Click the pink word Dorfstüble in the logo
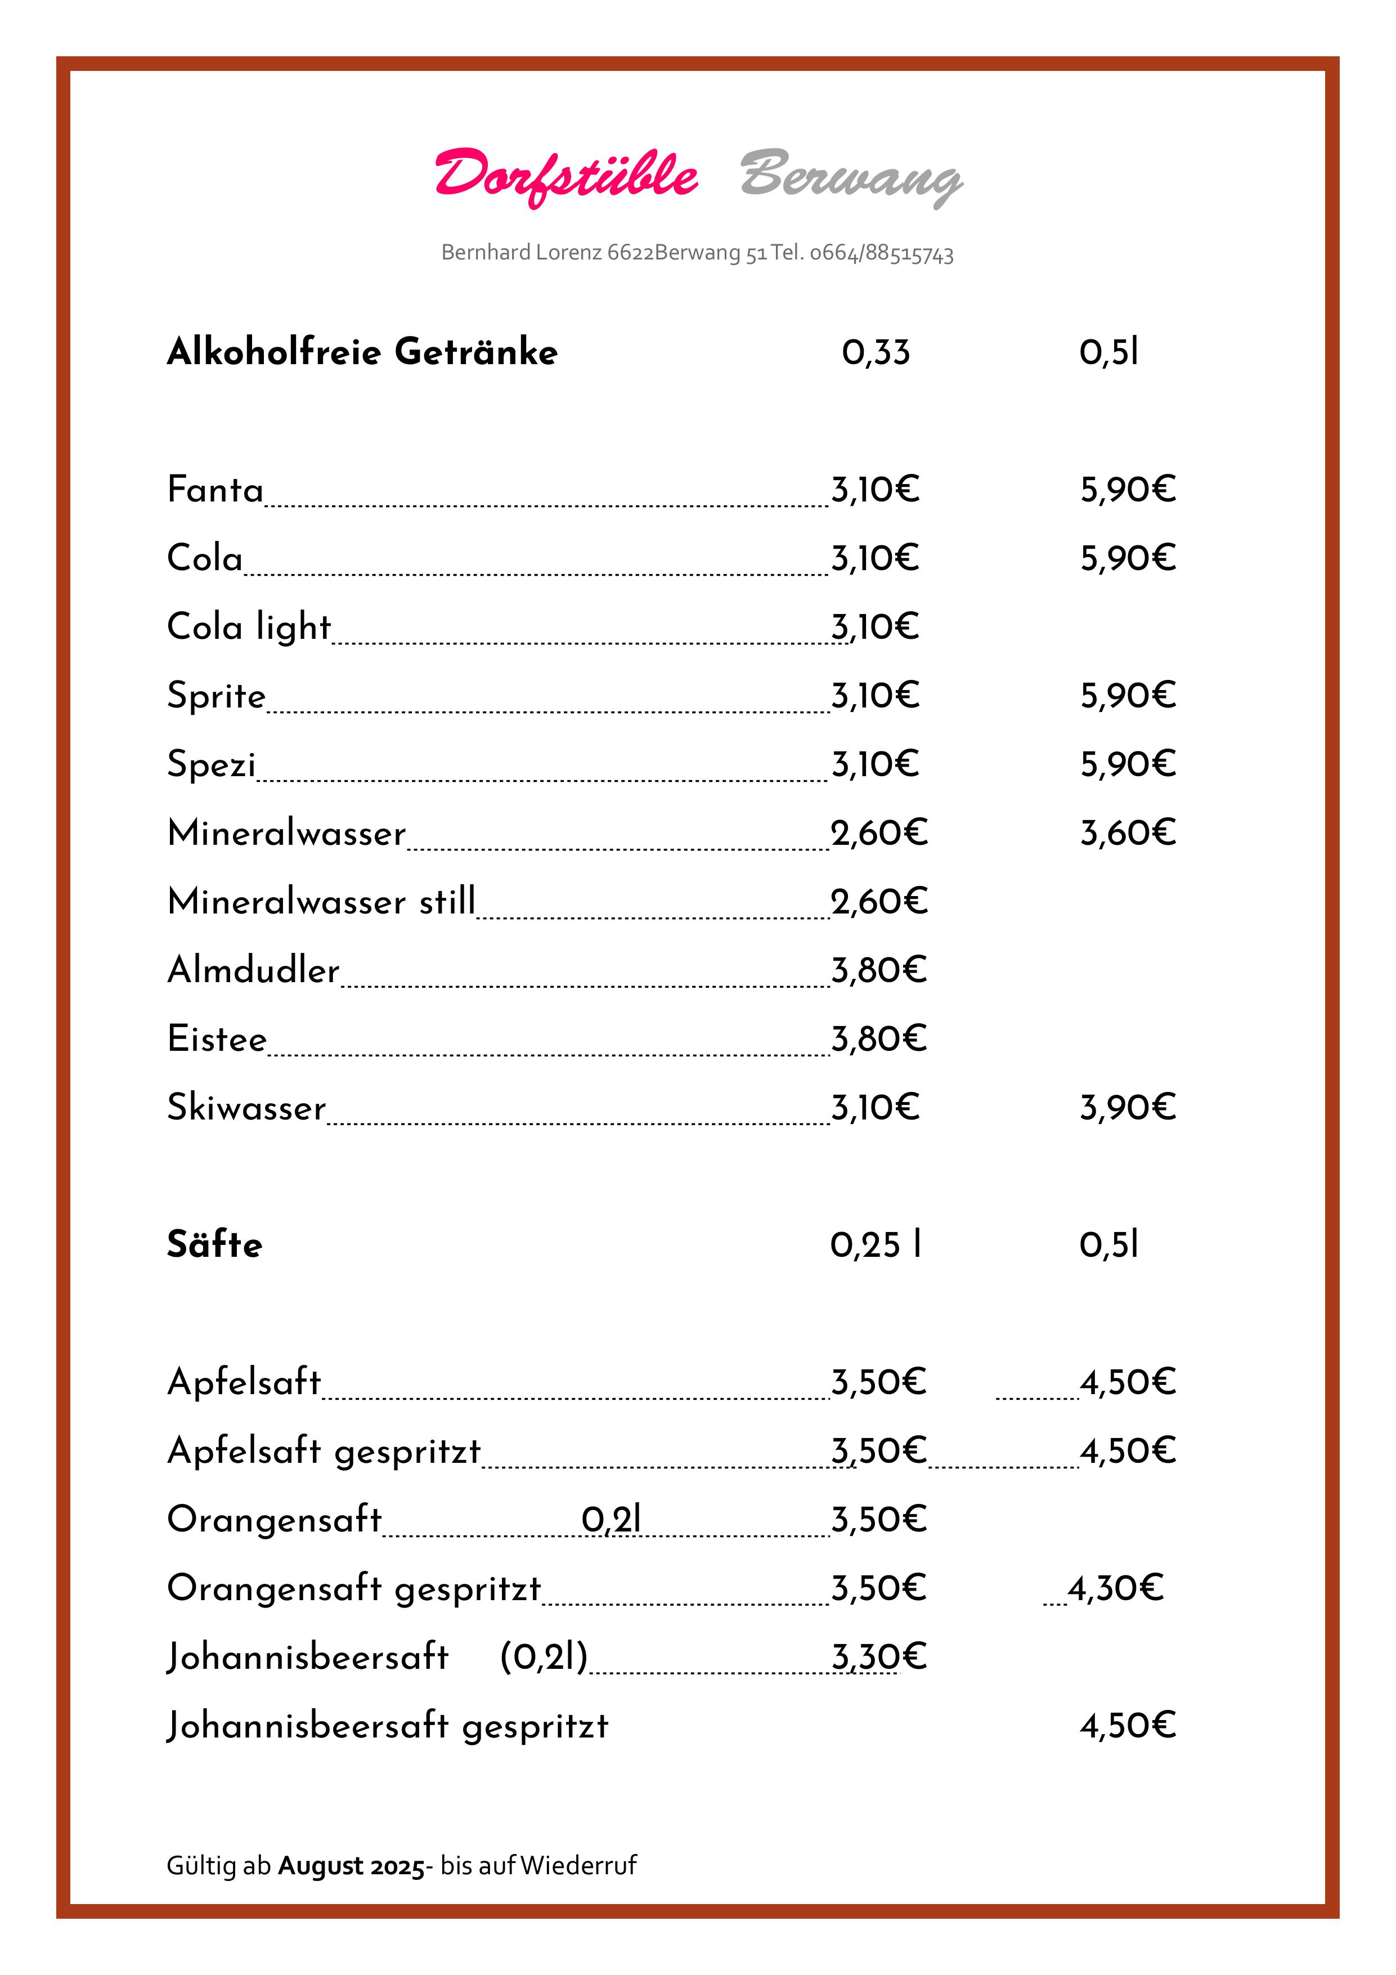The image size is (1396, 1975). [566, 176]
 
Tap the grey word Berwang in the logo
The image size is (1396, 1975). [851, 176]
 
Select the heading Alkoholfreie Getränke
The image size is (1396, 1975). [362, 352]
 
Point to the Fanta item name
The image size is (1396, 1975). [215, 490]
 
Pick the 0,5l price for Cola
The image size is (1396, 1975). [1128, 558]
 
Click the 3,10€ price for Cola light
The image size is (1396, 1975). [875, 627]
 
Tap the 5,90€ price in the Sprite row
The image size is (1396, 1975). [1128, 695]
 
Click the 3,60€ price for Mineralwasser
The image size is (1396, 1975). [1128, 832]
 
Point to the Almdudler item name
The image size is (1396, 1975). [253, 970]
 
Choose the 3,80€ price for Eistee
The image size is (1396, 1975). [878, 1039]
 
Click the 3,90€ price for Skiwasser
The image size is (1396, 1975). [1128, 1108]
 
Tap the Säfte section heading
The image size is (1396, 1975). [214, 1244]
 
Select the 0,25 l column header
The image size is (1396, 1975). [876, 1244]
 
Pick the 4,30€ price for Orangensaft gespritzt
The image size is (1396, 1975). [1116, 1588]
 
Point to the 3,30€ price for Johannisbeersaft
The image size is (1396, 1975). [878, 1657]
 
